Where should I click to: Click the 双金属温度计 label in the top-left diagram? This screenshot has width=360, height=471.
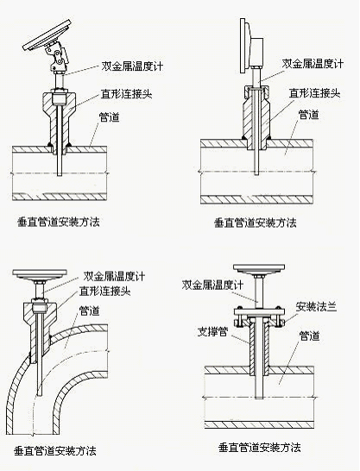(132, 66)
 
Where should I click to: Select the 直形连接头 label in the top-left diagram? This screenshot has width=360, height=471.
(127, 94)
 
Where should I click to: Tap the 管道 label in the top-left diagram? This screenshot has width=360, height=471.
(110, 116)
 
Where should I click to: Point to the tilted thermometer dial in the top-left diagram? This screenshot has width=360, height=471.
(48, 35)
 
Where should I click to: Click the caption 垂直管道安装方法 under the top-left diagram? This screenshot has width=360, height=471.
(59, 222)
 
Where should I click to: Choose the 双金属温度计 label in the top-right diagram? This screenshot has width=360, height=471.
(313, 64)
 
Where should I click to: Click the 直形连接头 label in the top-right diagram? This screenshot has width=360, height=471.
(314, 93)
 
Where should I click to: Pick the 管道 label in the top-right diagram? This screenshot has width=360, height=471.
(308, 115)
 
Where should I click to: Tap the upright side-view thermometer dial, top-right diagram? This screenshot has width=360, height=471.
(247, 46)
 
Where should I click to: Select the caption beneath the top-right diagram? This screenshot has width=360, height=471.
(256, 223)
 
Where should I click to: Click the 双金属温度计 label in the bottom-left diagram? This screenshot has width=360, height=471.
(114, 276)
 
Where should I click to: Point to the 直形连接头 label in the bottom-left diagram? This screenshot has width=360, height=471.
(104, 291)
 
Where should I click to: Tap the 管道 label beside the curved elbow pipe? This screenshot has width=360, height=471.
(89, 311)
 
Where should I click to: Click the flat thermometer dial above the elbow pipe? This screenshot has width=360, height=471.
(40, 274)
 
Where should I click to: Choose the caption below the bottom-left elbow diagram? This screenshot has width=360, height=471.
(55, 451)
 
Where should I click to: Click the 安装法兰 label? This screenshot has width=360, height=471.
(316, 307)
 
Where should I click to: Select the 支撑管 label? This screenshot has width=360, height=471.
(212, 331)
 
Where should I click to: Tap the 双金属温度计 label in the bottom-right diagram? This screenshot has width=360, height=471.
(212, 285)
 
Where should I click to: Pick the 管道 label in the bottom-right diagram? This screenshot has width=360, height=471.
(309, 336)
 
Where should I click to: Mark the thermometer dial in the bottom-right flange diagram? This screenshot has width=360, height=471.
(259, 269)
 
